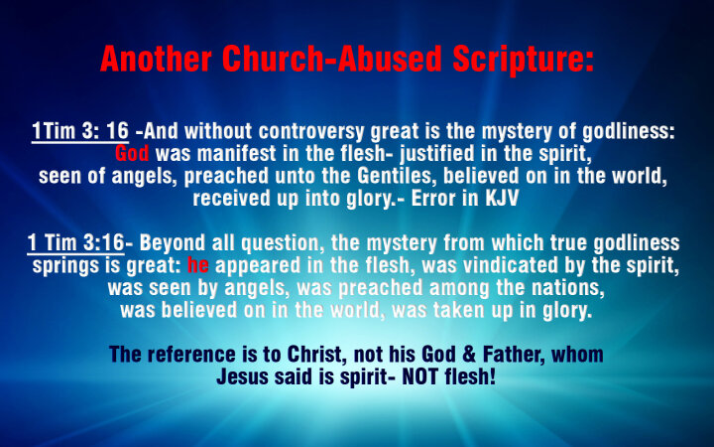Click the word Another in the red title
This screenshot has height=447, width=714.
(x=156, y=59)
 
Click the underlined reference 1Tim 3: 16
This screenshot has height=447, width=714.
(x=80, y=131)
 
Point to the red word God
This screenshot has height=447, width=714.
(x=132, y=153)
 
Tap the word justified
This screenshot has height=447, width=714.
(x=436, y=154)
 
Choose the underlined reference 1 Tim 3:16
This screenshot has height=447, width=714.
(x=75, y=242)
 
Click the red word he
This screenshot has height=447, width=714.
(x=198, y=265)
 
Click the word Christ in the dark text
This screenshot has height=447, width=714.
(x=314, y=355)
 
